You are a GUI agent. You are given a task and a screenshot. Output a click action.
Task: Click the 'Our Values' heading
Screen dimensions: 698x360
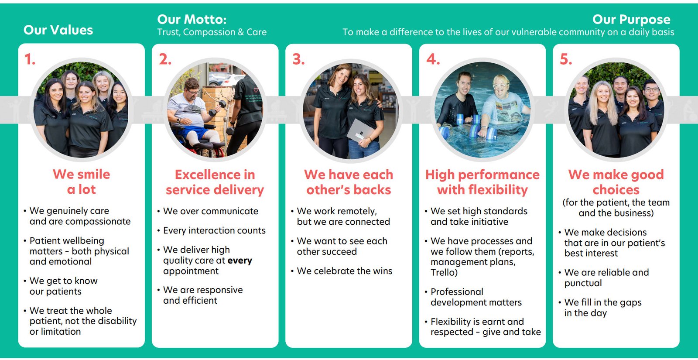pos(58,30)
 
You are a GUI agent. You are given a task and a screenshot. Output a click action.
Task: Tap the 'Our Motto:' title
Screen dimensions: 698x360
pos(192,19)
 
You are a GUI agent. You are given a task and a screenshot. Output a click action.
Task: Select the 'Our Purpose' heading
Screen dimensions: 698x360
pos(631,19)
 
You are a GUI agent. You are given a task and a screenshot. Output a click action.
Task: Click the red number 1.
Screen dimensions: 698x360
pos(30,59)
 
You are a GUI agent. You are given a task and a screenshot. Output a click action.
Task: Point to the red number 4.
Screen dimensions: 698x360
pos(433,59)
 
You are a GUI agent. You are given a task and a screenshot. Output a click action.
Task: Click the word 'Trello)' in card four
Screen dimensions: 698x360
pos(444,272)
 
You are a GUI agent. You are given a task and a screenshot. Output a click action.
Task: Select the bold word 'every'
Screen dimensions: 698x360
pos(240,261)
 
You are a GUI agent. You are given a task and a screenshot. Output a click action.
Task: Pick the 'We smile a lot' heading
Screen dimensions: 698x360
pos(81,182)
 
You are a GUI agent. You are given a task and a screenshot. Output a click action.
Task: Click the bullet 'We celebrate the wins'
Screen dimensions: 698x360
pos(344,271)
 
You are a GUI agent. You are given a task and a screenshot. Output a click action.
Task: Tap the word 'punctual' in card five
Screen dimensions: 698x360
pos(583,283)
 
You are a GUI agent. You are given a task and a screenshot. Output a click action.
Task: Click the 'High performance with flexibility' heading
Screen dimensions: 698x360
pos(482,182)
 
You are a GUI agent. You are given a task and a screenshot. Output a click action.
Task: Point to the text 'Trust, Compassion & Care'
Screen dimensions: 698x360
pos(212,32)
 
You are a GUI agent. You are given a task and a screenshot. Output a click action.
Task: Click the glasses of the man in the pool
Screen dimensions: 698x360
pos(501,86)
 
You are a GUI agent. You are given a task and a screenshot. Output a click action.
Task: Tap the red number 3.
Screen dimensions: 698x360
pos(298,59)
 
